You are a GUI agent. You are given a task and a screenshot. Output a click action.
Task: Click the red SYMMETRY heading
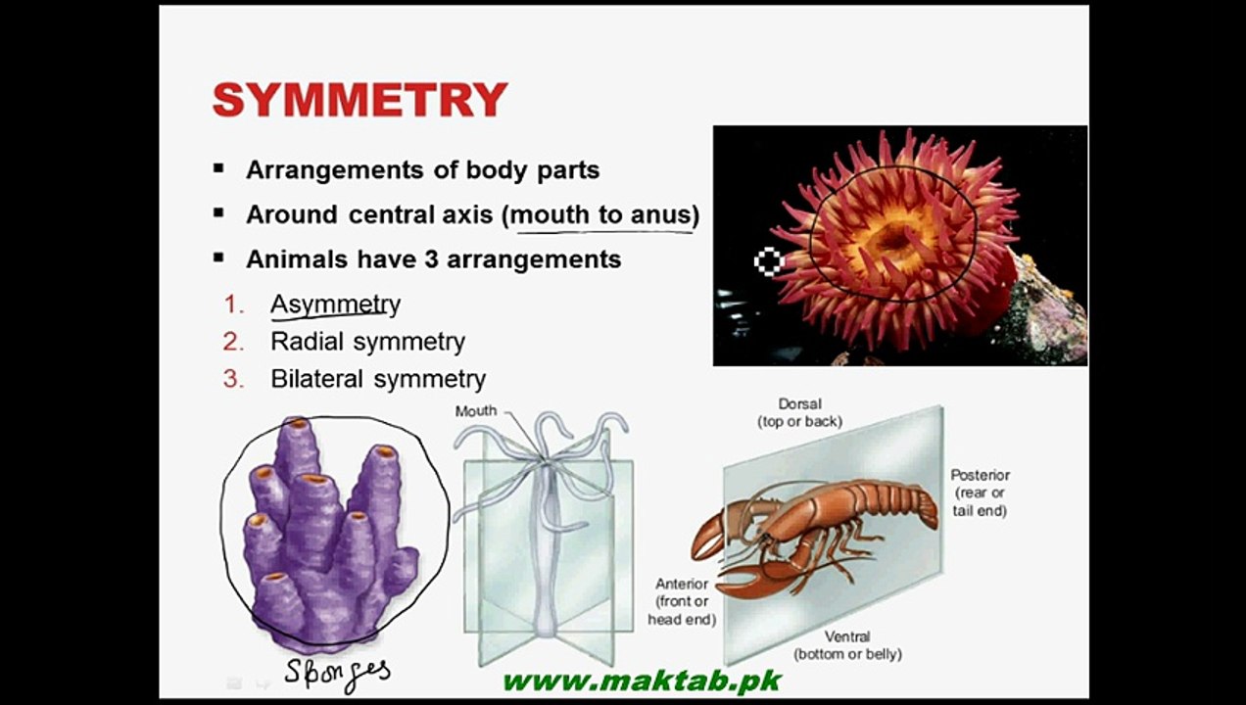[359, 100]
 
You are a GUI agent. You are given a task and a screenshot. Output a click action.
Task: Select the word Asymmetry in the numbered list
[335, 305]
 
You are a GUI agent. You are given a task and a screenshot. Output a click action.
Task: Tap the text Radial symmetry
[367, 342]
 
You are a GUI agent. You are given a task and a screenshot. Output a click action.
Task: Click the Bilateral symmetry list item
[377, 379]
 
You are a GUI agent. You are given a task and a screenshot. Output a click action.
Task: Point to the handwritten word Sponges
[338, 672]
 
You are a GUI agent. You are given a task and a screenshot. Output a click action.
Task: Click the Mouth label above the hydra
[476, 411]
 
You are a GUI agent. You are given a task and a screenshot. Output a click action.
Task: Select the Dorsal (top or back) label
[799, 412]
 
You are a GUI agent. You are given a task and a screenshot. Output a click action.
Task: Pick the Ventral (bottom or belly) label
[847, 645]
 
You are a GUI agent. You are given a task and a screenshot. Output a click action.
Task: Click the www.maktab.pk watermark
[642, 681]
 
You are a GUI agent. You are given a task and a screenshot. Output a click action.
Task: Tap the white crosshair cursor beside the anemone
[769, 260]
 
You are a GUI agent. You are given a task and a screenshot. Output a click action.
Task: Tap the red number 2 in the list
[232, 342]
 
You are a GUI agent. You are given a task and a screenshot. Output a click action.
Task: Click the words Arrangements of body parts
[422, 169]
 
